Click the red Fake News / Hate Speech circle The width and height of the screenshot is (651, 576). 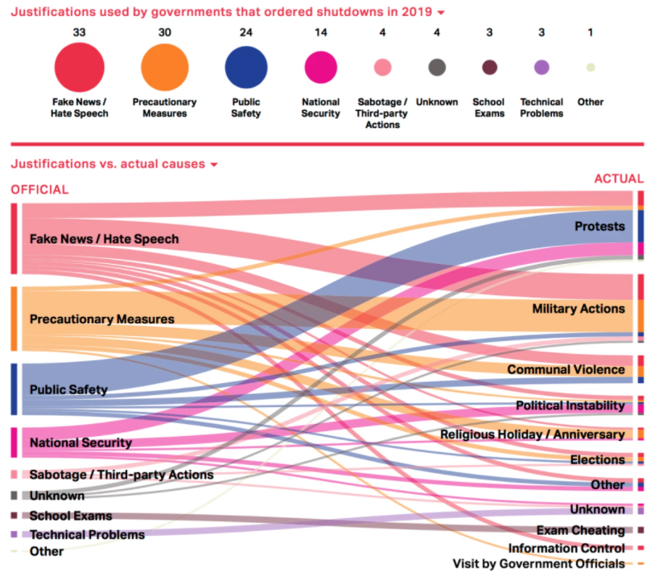click(x=80, y=68)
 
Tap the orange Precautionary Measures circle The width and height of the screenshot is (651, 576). click(x=164, y=68)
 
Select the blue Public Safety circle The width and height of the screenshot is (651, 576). click(x=246, y=68)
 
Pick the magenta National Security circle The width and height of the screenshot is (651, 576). click(x=320, y=68)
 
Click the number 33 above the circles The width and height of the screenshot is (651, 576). click(x=80, y=31)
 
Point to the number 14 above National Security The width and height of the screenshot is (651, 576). click(x=320, y=31)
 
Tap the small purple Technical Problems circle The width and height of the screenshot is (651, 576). click(x=542, y=68)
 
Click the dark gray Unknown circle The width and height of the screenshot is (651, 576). click(x=437, y=68)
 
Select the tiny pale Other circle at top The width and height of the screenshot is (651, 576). click(x=591, y=68)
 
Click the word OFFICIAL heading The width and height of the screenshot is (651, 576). click(x=39, y=190)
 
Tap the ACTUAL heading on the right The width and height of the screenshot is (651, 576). click(x=618, y=179)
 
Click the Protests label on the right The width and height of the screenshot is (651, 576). click(x=599, y=227)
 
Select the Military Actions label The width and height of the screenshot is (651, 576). click(x=578, y=309)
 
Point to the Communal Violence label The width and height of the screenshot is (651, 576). click(x=565, y=369)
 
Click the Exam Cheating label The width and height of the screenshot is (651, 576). click(x=580, y=530)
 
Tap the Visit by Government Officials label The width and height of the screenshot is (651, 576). click(x=538, y=563)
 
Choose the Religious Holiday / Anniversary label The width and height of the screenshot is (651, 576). click(x=532, y=434)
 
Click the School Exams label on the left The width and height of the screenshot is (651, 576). click(x=71, y=516)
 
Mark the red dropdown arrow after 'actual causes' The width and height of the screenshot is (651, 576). click(x=214, y=165)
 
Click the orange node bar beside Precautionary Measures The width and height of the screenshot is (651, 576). click(x=14, y=319)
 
